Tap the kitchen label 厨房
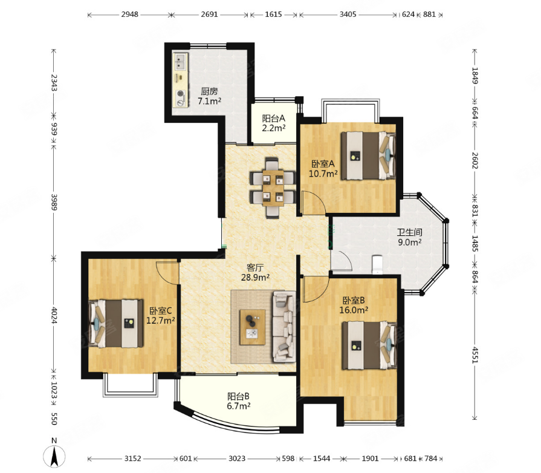click(209, 91)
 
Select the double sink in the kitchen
click(180, 62)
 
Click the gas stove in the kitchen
click(181, 98)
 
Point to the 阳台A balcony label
click(274, 119)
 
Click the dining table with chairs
click(273, 188)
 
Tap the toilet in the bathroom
click(377, 264)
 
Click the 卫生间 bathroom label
click(410, 232)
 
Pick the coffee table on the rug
click(253, 327)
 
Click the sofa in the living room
click(284, 327)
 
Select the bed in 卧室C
click(116, 324)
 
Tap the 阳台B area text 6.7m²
click(238, 406)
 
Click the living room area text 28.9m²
click(255, 277)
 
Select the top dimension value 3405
click(348, 15)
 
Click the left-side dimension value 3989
click(54, 202)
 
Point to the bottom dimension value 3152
click(133, 458)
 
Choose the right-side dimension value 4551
click(475, 355)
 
